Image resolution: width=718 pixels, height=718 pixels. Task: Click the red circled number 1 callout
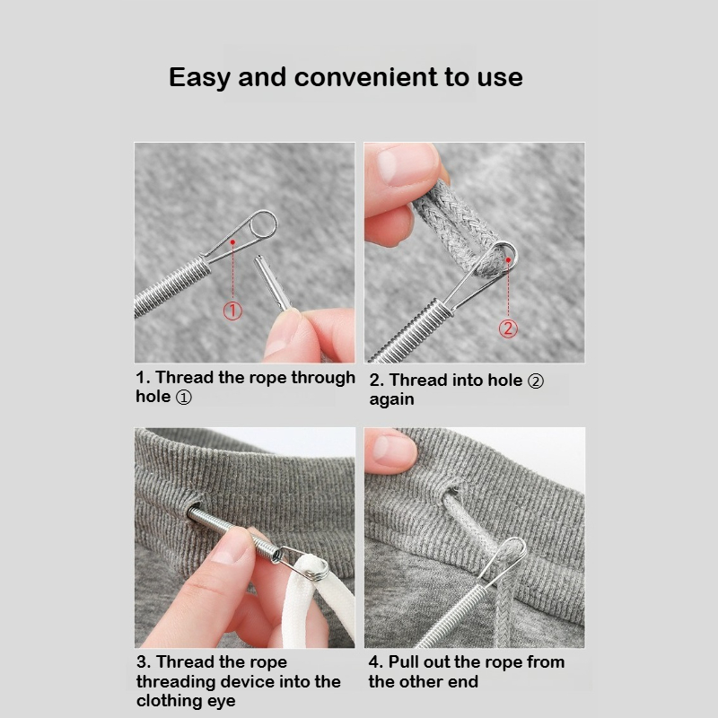[x=232, y=311]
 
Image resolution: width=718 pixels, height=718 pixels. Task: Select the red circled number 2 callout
[x=508, y=328]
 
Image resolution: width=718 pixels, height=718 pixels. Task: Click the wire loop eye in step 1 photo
[x=262, y=224]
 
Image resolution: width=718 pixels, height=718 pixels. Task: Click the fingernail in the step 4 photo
[x=389, y=446]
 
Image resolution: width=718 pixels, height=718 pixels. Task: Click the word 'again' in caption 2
[x=391, y=399]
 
